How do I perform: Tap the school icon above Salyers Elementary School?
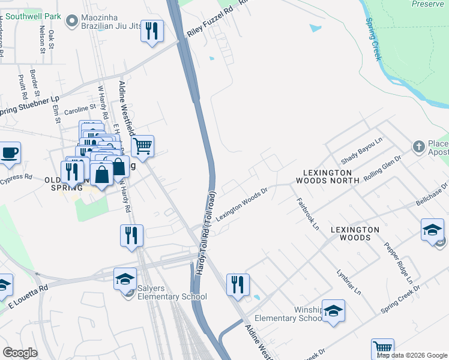(125, 279)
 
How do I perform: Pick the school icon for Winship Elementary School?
(334, 311)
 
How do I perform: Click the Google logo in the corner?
(20, 353)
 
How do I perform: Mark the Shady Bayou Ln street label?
(361, 151)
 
